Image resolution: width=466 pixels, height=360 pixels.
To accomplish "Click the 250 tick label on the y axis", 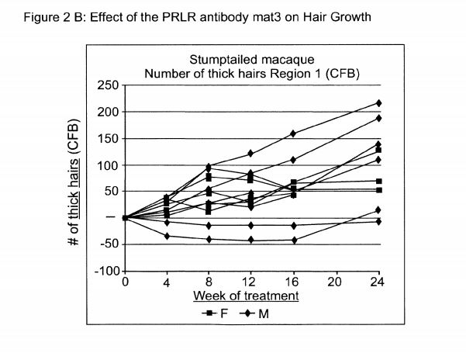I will point(107,85).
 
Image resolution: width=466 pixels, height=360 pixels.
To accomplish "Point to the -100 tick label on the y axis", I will point(105,272).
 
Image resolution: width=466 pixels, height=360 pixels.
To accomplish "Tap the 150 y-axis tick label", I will point(107,139).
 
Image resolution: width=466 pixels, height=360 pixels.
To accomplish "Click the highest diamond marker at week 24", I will point(378,103).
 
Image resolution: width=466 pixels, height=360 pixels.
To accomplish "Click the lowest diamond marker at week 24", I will point(378,222).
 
